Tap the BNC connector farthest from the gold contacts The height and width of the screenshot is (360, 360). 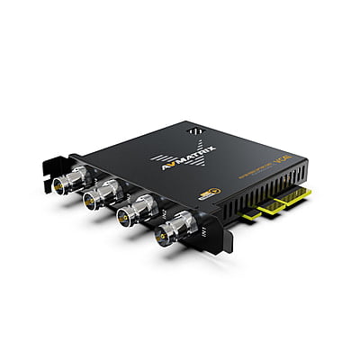pos(64,184)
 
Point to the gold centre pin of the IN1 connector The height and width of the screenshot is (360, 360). pos(163,237)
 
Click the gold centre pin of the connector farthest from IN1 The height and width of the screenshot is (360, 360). pos(59,186)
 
